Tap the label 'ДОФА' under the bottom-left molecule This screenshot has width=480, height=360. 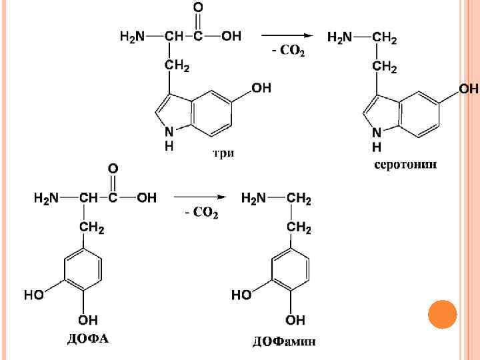[87, 339]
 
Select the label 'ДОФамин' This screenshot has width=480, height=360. [283, 343]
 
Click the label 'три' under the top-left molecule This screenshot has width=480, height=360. [223, 154]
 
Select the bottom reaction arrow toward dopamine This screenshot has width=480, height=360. [199, 197]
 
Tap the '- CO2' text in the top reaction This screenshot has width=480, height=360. [289, 51]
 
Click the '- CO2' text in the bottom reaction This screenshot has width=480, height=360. [201, 213]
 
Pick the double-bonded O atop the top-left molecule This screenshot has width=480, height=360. [198, 8]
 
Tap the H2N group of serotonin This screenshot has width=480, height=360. [340, 38]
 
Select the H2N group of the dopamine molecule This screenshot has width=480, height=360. [254, 198]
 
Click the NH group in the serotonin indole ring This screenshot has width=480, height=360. [377, 139]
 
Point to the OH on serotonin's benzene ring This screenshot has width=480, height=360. [469, 89]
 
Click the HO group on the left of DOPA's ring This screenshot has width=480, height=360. [35, 294]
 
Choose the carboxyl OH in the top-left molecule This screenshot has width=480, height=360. [231, 36]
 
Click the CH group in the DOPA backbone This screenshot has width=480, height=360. [88, 198]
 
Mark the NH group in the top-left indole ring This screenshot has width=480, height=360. [169, 137]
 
